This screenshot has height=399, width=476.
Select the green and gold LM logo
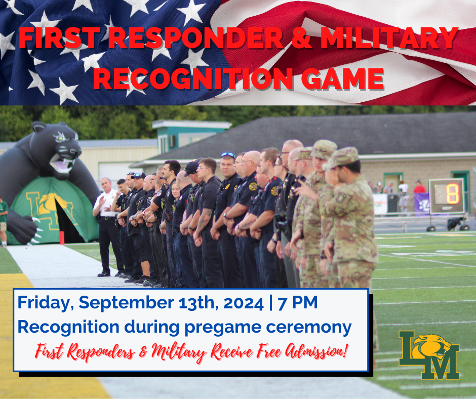(x=429, y=354)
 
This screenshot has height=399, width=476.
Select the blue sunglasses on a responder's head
(x=228, y=155)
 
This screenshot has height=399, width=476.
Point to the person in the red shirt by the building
(x=419, y=188)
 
